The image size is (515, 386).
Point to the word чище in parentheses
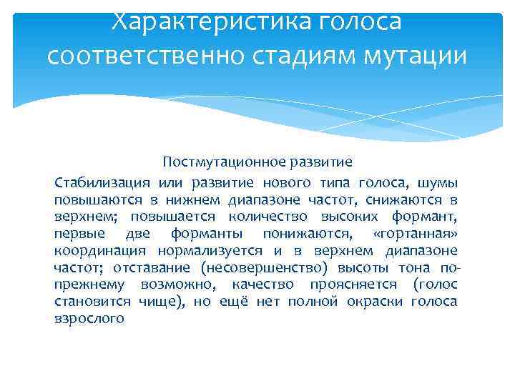(165, 302)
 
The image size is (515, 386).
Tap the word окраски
(380, 302)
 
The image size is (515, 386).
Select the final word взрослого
(89, 319)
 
